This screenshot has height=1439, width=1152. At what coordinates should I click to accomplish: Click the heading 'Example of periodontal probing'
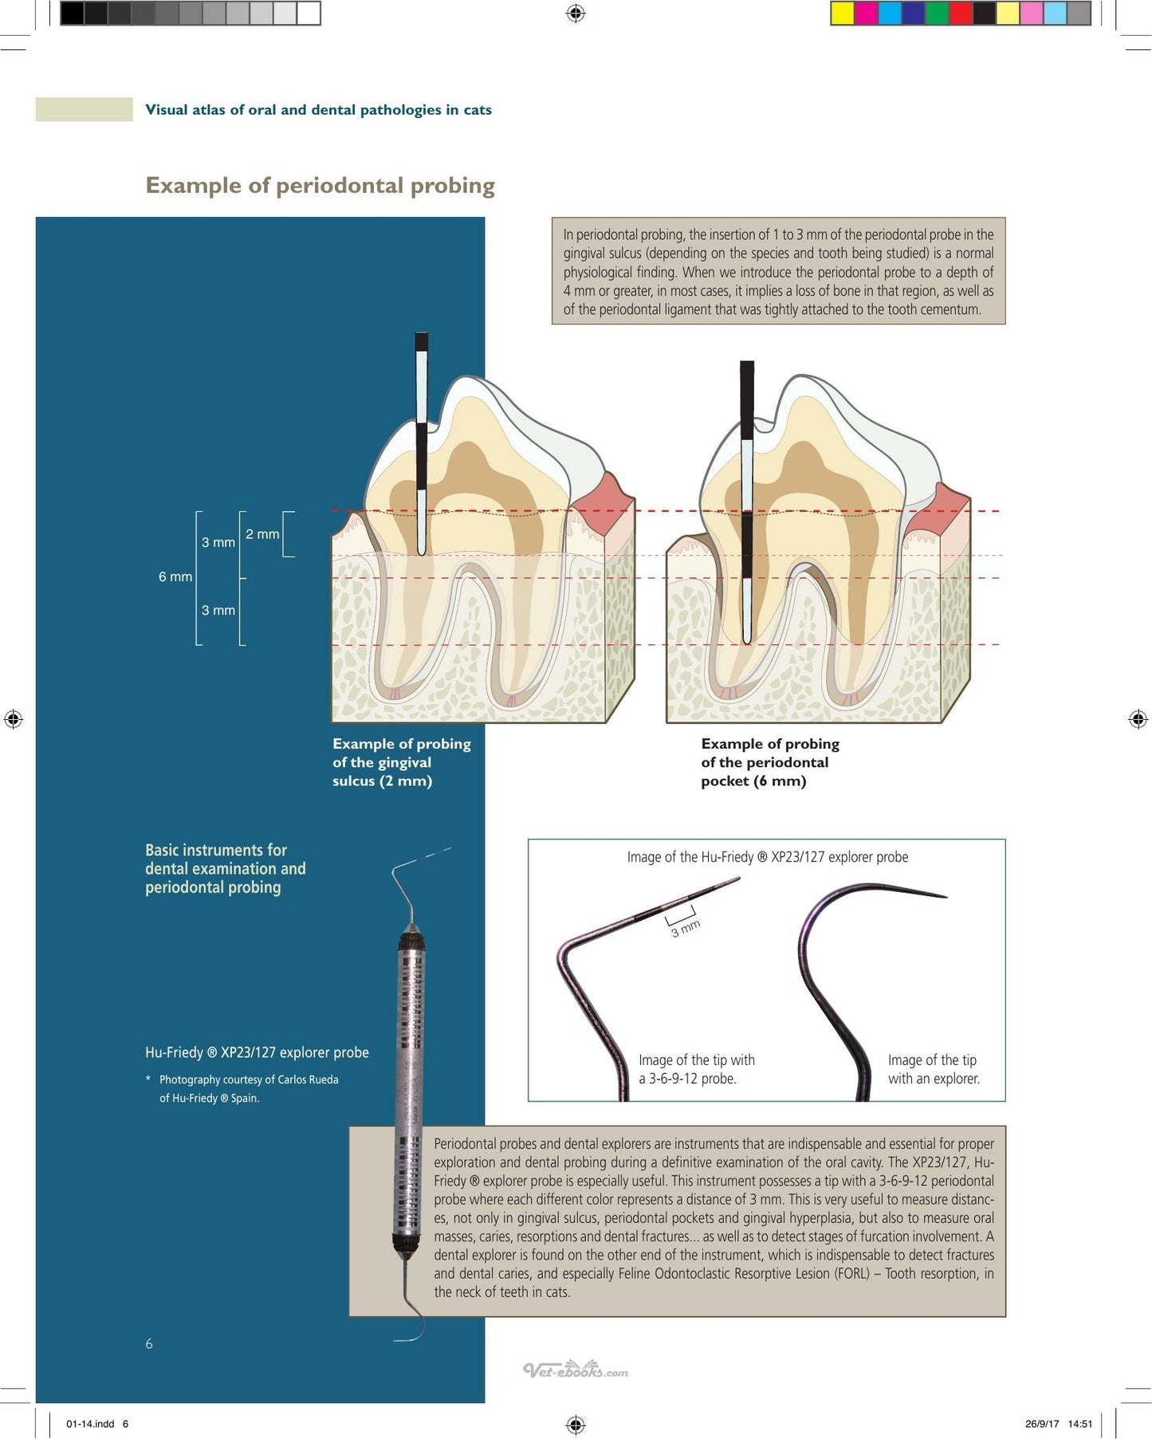click(320, 186)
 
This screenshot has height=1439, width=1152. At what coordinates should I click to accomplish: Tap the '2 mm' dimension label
click(262, 534)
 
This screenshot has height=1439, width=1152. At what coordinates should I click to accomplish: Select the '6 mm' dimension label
click(175, 576)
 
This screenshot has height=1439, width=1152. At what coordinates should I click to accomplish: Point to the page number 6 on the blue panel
click(149, 1343)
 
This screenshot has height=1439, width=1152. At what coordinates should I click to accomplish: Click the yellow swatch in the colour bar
click(843, 14)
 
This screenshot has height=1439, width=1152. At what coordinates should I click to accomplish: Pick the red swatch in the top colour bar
click(961, 14)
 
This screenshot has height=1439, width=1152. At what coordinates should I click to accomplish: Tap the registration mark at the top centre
click(576, 14)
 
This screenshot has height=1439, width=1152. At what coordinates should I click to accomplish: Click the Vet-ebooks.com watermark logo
click(576, 1370)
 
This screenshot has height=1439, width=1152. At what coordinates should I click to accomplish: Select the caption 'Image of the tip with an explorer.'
click(934, 1069)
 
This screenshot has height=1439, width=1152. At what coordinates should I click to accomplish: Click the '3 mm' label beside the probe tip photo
click(685, 928)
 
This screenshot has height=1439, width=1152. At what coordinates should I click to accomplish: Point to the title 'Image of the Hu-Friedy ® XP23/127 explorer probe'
click(767, 857)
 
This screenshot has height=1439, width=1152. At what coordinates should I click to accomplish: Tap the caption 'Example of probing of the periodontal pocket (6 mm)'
click(770, 762)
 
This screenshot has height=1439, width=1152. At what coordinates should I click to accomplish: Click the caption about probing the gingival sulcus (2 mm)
click(402, 762)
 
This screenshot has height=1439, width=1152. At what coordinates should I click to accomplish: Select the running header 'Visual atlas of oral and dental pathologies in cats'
click(318, 110)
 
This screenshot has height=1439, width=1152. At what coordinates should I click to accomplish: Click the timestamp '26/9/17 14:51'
click(1059, 1424)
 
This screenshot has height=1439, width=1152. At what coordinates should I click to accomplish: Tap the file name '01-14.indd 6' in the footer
click(97, 1424)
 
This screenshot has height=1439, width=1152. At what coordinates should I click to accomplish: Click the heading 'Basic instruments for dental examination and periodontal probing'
click(225, 868)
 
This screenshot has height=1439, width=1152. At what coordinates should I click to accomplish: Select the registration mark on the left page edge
click(13, 719)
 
